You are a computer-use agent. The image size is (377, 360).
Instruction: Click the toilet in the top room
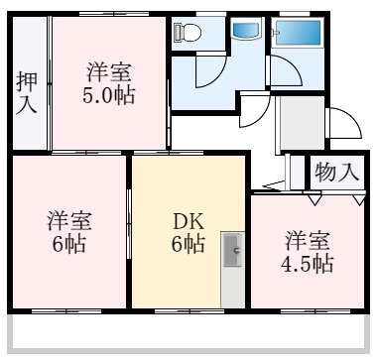point(187,32)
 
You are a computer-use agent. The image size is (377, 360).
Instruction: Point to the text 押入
point(27,93)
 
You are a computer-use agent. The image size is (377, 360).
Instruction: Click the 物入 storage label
point(336,172)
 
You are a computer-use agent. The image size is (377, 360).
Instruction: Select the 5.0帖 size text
point(110,96)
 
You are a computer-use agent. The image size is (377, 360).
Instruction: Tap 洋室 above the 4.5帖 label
point(307,240)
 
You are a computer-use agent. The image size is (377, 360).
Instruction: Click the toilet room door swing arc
point(211,74)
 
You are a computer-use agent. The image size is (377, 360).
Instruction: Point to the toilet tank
point(176,32)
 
